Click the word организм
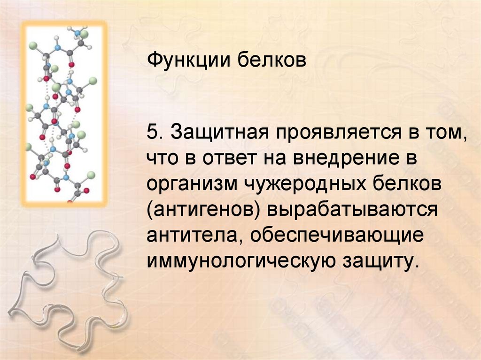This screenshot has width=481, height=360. (191, 185)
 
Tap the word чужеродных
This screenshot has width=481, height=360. (298, 185)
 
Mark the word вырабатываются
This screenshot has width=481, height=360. (352, 210)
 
